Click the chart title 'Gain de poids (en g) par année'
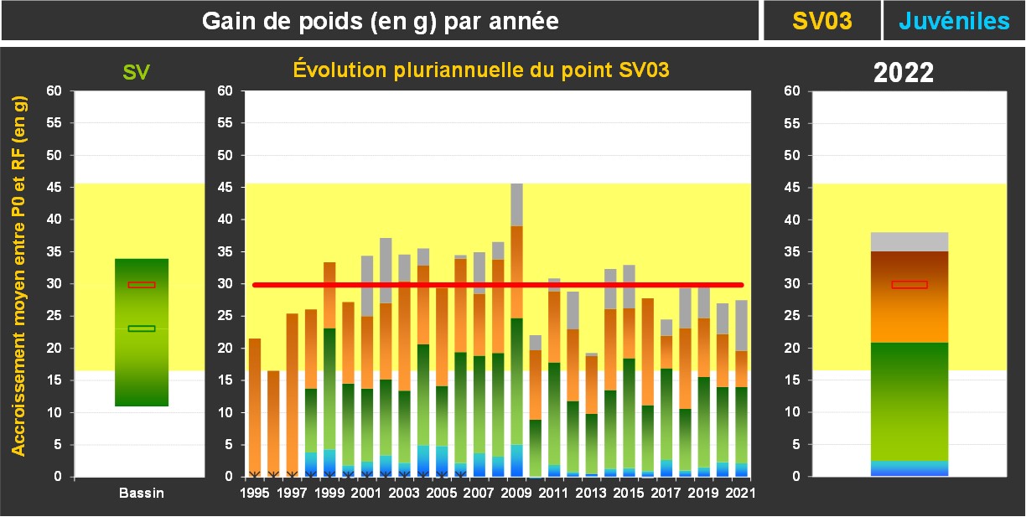pos(381,22)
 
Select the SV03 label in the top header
pos(821,22)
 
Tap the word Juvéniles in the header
pos(954,22)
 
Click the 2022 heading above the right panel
pos(904,73)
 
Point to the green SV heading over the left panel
pos(137,73)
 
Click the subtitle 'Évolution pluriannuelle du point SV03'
pos(481,70)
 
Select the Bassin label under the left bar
pos(141,494)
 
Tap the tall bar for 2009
pos(517,335)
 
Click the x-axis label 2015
pos(629,494)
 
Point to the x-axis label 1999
pos(329,494)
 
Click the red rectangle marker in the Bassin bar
pos(142,285)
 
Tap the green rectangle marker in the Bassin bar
pos(142,328)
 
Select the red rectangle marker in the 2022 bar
pos(909,285)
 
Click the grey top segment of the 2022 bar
pos(909,242)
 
